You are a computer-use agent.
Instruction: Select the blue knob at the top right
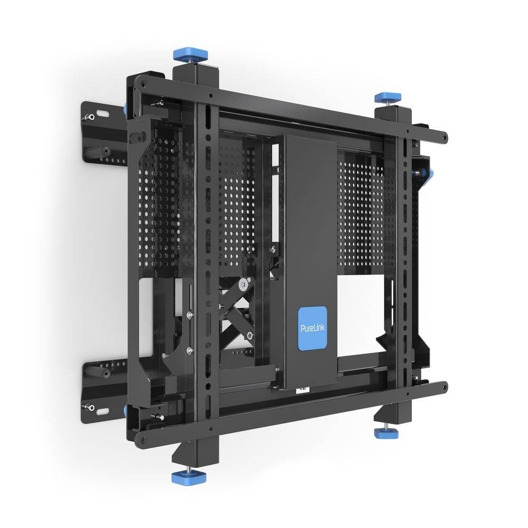pos(388,98)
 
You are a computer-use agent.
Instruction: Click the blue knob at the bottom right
pos(386,432)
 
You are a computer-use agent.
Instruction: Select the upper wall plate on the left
pos(103,129)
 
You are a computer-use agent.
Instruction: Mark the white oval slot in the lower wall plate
pos(91,407)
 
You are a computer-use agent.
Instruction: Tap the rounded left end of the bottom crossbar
pos(142,438)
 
